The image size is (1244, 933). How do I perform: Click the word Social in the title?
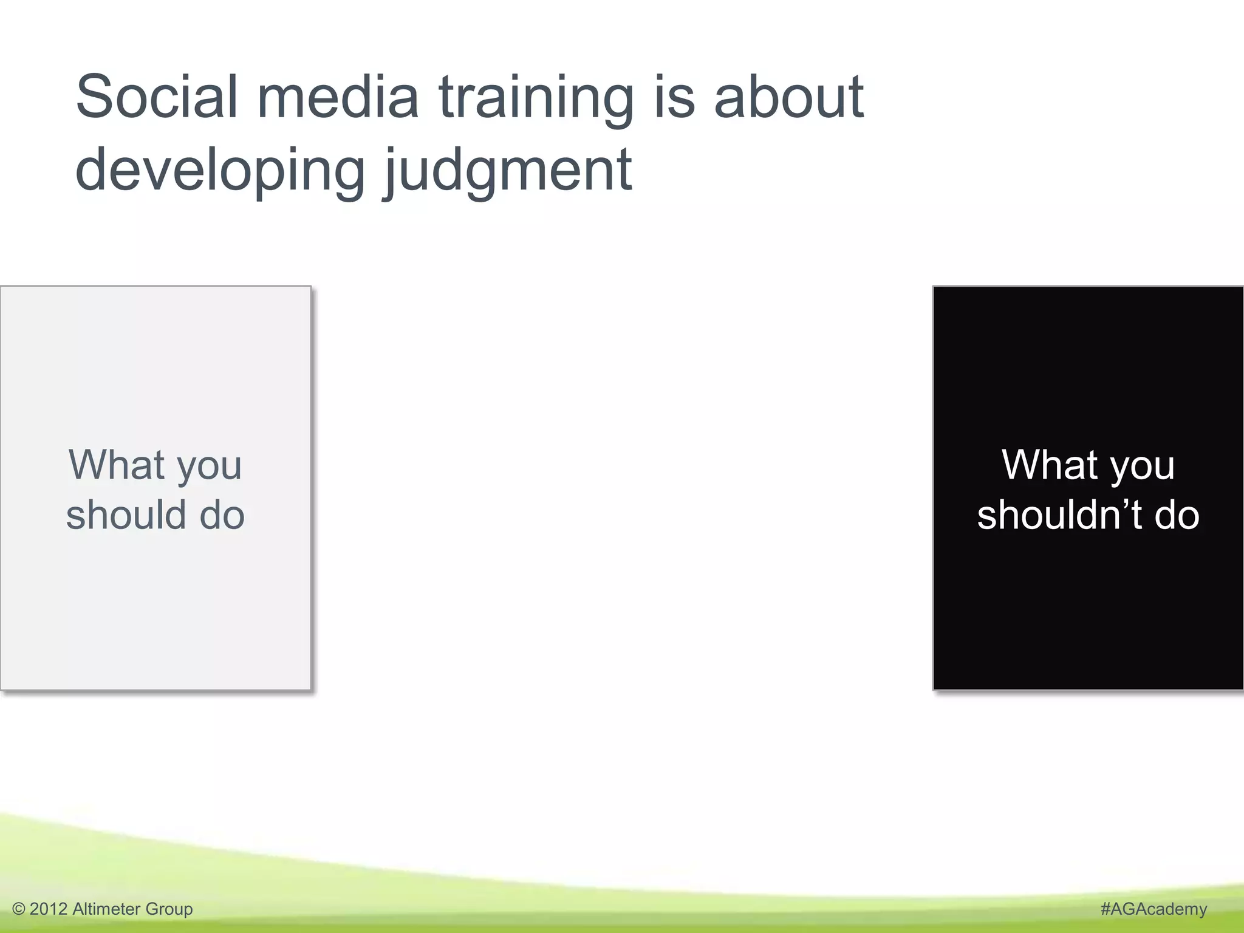coord(156,97)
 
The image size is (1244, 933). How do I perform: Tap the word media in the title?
coord(338,97)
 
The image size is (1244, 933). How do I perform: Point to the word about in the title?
coord(788,97)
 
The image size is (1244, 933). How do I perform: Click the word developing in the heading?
coord(220,172)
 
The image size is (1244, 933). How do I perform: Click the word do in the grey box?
coord(222,515)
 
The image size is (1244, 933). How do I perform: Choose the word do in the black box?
coord(1177,515)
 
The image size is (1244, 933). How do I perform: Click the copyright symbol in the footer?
coord(19,909)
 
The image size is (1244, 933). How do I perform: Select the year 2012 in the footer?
coord(48,909)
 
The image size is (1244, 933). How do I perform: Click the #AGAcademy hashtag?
coord(1153,909)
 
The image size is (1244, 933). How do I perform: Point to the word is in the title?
coord(674,97)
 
